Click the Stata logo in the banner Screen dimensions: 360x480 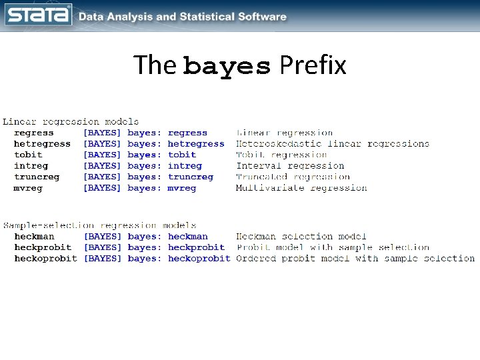point(38,15)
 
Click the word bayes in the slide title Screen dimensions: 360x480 point(227,66)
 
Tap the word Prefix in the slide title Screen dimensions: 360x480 point(313,65)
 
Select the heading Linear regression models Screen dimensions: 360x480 point(71,122)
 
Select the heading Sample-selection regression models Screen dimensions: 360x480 point(99,225)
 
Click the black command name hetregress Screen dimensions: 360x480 point(42,144)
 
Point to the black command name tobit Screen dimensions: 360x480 point(28,155)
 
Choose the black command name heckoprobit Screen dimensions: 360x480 point(45,258)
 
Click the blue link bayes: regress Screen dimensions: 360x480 point(167,133)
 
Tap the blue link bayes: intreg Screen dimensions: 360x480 point(165,166)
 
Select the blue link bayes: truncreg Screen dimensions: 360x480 point(171,177)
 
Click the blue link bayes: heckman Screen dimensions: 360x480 point(168,236)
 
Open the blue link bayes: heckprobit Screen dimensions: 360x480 point(176,247)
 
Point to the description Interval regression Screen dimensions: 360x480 point(290,166)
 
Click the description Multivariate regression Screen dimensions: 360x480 point(301,188)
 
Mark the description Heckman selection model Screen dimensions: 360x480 point(301,236)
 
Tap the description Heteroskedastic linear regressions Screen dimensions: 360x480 point(333,144)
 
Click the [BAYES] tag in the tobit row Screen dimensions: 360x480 point(102,155)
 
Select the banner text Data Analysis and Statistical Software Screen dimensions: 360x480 point(183,17)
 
